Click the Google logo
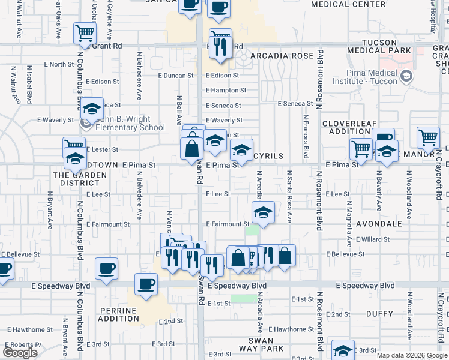pyautogui.click(x=20, y=353)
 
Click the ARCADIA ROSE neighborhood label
pyautogui.click(x=282, y=56)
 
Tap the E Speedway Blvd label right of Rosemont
pyautogui.click(x=366, y=286)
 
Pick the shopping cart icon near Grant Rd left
pyautogui.click(x=85, y=34)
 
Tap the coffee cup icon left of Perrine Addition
pyautogui.click(x=106, y=268)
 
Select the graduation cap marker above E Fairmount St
pyautogui.click(x=262, y=212)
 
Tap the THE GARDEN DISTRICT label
pyautogui.click(x=79, y=179)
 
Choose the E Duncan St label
pyautogui.click(x=176, y=76)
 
